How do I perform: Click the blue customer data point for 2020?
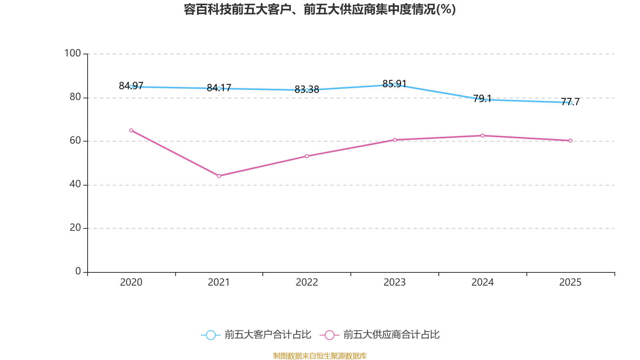131,87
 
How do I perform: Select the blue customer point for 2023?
394,85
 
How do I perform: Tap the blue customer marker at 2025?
570,103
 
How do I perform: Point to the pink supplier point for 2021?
219,176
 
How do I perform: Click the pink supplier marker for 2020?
131,130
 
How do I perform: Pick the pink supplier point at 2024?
482,136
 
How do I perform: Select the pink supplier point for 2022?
307,156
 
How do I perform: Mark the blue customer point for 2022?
307,90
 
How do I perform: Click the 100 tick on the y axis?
72,53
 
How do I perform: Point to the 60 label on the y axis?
75,140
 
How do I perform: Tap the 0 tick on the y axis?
78,271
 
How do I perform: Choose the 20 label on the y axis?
75,228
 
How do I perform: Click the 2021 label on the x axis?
219,282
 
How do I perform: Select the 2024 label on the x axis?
482,282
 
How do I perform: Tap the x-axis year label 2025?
570,282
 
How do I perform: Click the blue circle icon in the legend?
210,335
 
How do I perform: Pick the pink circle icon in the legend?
329,335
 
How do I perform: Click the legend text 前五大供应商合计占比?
391,335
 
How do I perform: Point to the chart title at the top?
320,9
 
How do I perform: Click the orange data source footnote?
320,356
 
